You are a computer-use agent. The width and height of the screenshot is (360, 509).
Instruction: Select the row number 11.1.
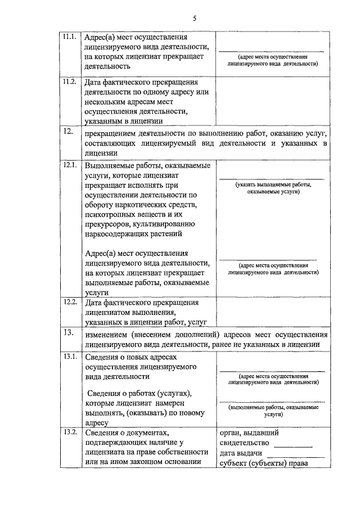point(69,37)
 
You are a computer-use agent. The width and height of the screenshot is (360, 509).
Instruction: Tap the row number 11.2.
point(69,82)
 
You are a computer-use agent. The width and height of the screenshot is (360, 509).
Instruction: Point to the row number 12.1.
point(69,165)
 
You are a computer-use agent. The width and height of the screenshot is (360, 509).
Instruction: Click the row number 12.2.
point(69,301)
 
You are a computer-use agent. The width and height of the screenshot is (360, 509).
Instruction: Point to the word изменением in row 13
point(110,334)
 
